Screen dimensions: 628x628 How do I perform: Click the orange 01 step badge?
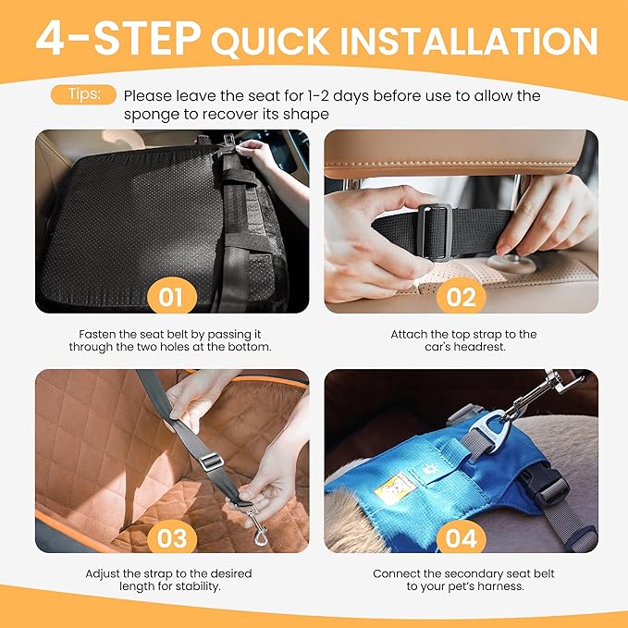click(171, 297)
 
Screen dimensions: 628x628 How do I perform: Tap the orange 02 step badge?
click(461, 297)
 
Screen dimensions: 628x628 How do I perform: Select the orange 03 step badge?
click(171, 537)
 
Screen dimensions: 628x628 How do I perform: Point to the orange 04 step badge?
click(461, 537)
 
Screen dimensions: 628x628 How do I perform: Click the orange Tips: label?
click(91, 94)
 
